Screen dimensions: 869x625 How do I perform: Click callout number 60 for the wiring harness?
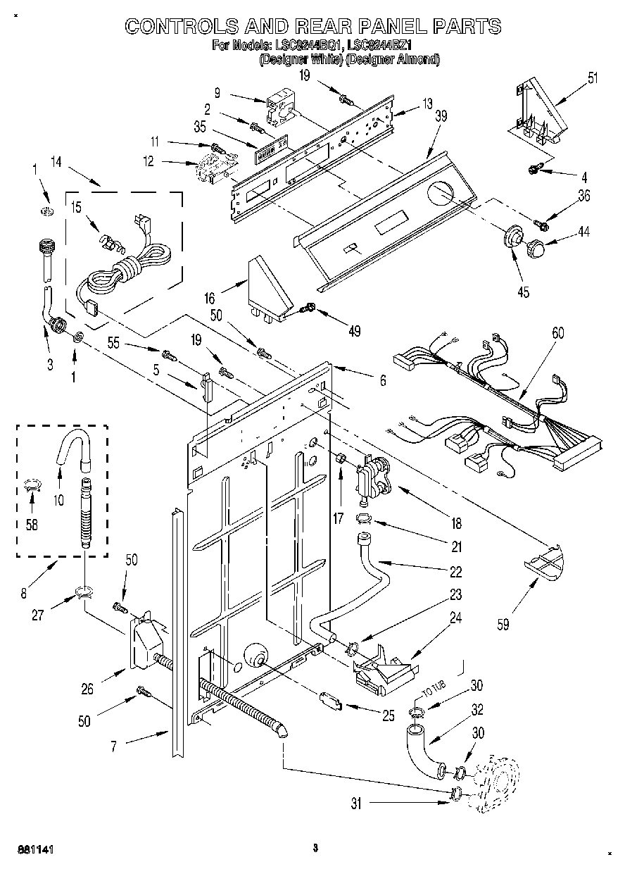(557, 334)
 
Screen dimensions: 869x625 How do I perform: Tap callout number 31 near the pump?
(356, 803)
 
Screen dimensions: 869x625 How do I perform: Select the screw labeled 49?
(308, 308)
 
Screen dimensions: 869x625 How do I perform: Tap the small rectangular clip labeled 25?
(330, 701)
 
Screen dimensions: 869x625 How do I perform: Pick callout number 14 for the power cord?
(56, 163)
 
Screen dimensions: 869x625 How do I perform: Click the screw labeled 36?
(541, 225)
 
